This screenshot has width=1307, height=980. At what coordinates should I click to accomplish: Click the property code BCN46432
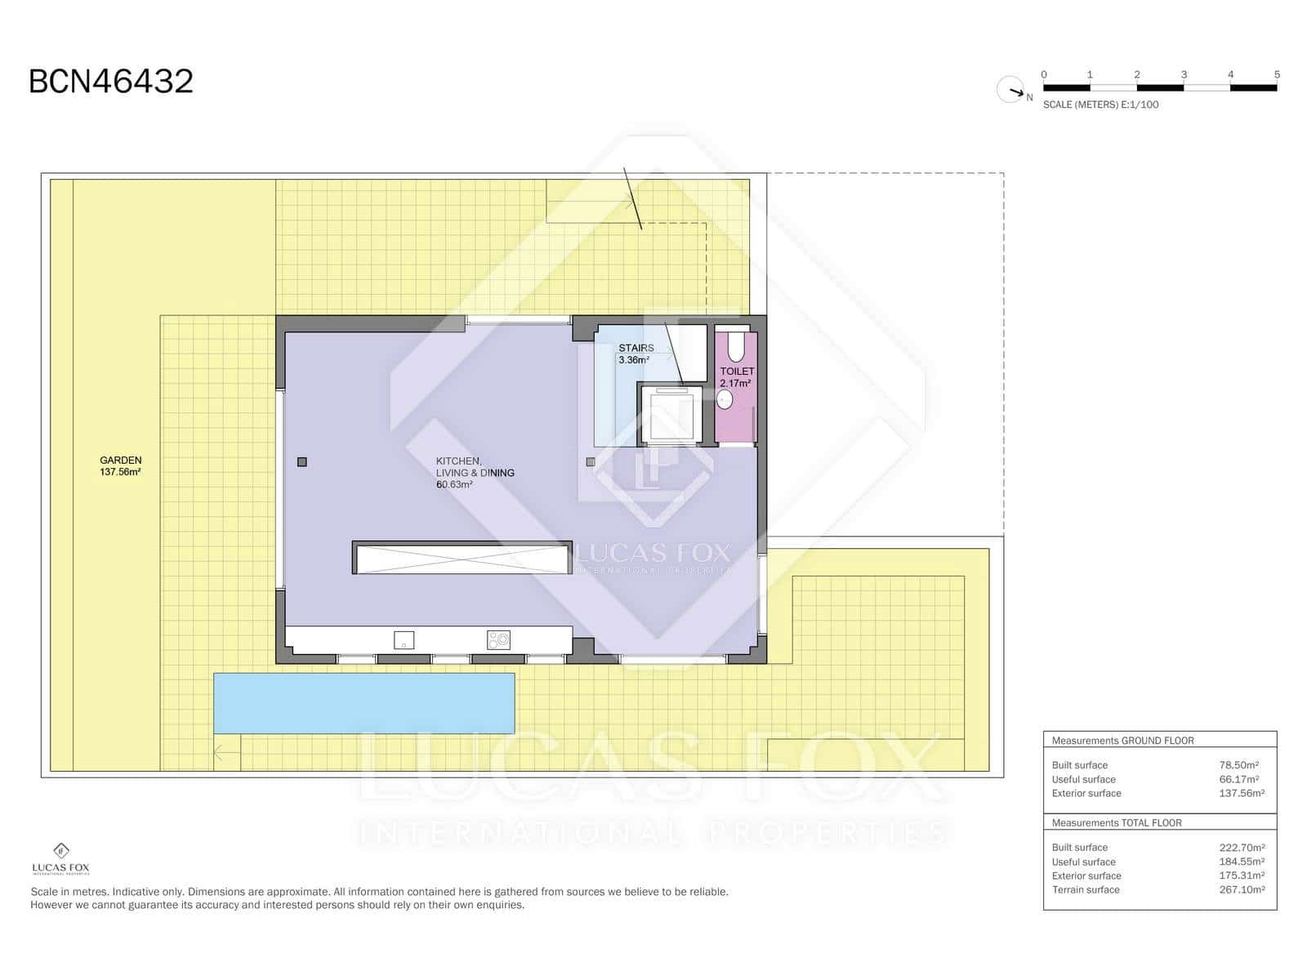(111, 82)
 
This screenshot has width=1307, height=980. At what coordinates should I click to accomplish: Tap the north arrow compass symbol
(1011, 90)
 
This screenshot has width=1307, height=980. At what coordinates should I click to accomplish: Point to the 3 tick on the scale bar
(1184, 75)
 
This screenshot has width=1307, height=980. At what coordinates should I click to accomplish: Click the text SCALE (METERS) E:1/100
(1100, 105)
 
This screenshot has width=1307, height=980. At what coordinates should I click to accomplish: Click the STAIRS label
(636, 348)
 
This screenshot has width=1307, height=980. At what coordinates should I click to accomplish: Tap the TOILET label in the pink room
(737, 372)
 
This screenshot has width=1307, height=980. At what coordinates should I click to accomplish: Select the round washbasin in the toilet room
(724, 399)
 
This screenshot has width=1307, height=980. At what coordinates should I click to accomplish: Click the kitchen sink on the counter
(404, 639)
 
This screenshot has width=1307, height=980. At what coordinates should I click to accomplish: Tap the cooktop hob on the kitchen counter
(498, 639)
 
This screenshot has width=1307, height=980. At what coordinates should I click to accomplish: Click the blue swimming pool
(364, 703)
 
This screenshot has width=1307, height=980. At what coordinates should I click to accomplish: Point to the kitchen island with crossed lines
(462, 558)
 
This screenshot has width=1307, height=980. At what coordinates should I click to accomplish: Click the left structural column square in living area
(302, 462)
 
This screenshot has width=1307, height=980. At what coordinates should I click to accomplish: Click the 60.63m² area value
(454, 485)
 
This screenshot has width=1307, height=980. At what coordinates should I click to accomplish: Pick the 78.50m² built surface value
(1238, 765)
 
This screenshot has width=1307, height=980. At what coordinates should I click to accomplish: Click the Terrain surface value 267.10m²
(1242, 890)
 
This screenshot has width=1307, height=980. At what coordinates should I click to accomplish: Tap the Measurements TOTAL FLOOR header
(1117, 823)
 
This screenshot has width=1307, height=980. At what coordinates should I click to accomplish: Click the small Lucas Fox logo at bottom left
(61, 858)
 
